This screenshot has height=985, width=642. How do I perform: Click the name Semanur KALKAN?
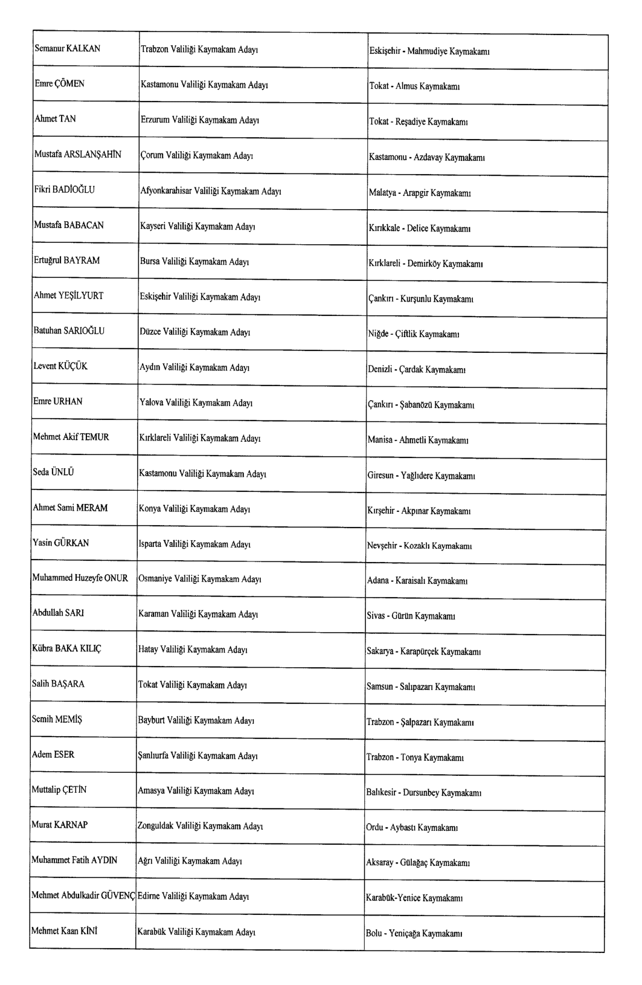tap(67, 48)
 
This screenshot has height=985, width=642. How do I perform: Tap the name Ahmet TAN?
tap(55, 119)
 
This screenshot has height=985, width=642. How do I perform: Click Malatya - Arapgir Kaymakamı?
tap(420, 193)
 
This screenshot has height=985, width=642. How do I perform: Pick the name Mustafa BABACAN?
tap(69, 225)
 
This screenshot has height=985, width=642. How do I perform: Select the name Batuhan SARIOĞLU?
tap(69, 331)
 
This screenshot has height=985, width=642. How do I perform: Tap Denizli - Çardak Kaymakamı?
tap(416, 369)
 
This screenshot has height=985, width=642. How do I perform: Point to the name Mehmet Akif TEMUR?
tap(71, 437)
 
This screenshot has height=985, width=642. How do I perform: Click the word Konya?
tap(150, 509)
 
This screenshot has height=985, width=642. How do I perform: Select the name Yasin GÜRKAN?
tap(60, 543)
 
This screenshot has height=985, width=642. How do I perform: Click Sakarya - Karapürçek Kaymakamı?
tap(423, 651)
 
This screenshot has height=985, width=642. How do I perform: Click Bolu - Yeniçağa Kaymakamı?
tap(414, 934)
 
